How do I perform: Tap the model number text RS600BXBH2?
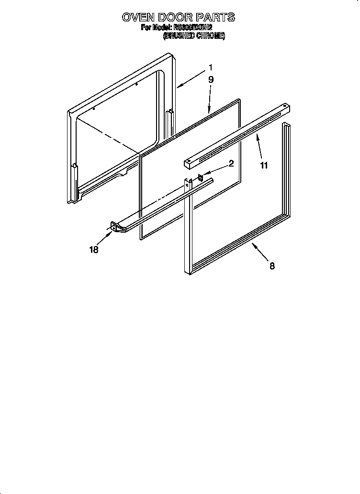point(195,28)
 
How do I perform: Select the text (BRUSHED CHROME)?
point(194,36)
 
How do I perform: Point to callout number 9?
point(211,80)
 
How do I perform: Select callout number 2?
point(231,163)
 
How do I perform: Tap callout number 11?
point(264,166)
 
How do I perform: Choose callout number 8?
point(272,267)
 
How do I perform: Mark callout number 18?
point(94,250)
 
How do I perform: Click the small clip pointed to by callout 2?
point(201,178)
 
